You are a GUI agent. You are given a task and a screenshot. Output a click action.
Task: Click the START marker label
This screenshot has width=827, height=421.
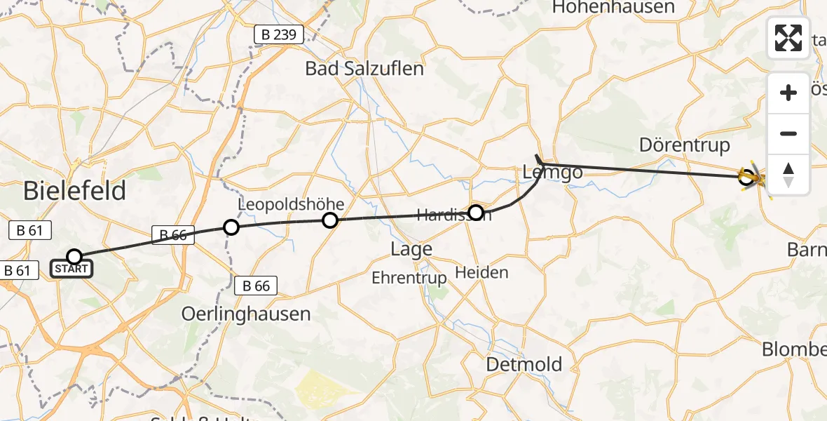click(71, 269)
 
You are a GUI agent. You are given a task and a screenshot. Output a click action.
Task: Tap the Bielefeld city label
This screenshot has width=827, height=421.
click(75, 191)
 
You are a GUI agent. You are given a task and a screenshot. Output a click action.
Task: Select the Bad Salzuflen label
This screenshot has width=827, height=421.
click(364, 69)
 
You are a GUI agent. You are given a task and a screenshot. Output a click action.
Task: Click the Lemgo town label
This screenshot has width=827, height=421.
click(548, 173)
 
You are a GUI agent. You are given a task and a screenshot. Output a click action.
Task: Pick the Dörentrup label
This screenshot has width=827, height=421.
click(685, 145)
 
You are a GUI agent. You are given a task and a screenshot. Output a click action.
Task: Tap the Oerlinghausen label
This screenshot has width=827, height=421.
click(246, 314)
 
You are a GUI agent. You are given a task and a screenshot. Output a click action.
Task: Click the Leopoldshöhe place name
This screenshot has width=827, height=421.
click(292, 204)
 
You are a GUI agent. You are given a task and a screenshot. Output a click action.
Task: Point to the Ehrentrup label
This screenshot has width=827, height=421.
click(409, 278)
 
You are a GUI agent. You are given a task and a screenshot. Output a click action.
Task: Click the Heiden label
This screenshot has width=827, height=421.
click(481, 272)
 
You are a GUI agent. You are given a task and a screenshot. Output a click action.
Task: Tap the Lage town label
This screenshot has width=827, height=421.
click(411, 249)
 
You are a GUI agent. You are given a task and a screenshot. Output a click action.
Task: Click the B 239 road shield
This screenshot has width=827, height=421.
click(278, 34)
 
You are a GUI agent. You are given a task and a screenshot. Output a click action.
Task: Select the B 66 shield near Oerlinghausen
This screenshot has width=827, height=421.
click(256, 286)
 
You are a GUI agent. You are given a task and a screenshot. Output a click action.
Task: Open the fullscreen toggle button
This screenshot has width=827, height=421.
click(788, 38)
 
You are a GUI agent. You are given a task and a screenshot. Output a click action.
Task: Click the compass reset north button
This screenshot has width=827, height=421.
click(788, 175)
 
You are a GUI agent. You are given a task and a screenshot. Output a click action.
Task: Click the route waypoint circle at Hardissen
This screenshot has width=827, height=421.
click(476, 212)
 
